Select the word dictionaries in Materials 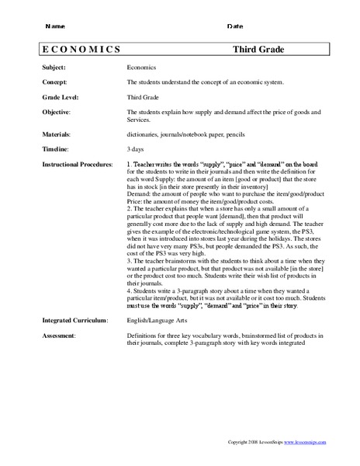144,133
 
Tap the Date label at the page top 235,26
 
